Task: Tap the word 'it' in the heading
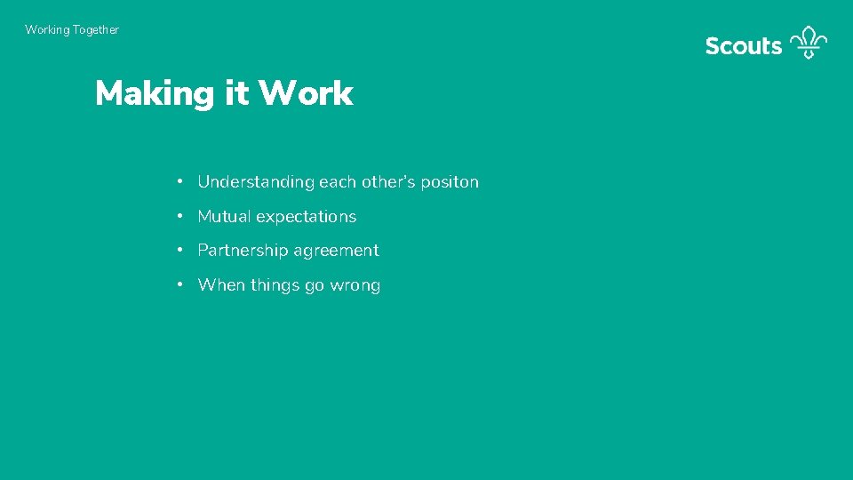(236, 93)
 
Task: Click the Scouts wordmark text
(743, 46)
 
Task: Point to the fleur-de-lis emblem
(809, 42)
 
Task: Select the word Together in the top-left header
(96, 30)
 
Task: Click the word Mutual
(224, 217)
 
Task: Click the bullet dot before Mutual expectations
(179, 216)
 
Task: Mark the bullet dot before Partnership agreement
(179, 250)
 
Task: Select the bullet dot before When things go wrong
(179, 284)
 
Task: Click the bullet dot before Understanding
(179, 181)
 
